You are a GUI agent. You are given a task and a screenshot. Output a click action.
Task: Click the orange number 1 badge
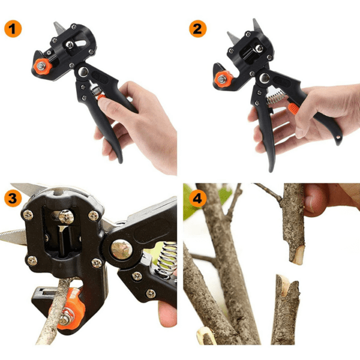click(13, 29)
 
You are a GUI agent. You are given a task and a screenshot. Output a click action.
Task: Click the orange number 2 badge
click(197, 29)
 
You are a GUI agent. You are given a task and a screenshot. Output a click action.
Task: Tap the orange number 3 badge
click(13, 198)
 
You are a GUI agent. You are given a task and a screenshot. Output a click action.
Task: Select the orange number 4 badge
click(197, 198)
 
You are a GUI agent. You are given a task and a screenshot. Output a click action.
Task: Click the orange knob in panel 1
click(43, 67)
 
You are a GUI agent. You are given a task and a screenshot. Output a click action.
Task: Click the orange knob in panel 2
click(223, 79)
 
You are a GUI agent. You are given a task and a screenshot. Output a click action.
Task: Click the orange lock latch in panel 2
click(293, 109)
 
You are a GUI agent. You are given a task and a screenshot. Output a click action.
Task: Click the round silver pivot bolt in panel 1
click(83, 72)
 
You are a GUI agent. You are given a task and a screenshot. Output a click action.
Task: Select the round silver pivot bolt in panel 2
click(265, 78)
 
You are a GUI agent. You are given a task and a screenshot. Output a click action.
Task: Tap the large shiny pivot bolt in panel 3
click(121, 250)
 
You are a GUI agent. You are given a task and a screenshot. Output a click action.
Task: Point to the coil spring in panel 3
click(168, 258)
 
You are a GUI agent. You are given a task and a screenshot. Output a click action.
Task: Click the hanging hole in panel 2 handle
click(338, 138)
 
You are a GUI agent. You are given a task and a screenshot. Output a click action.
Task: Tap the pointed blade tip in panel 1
click(56, 23)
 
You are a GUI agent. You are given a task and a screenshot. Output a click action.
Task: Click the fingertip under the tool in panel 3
click(167, 314)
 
